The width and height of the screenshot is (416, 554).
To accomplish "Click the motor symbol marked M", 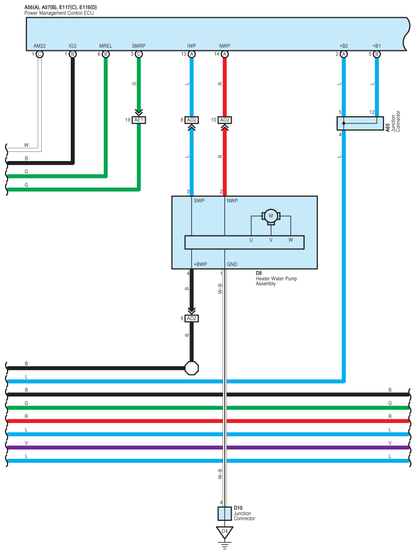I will pyautogui.click(x=271, y=216).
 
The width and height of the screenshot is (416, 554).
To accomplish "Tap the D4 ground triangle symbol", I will pyautogui.click(x=224, y=532).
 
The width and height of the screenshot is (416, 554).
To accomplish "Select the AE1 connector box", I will pyautogui.click(x=138, y=120).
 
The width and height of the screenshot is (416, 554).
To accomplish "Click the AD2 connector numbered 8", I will pyautogui.click(x=191, y=120).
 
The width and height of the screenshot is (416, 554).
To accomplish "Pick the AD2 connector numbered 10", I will pyautogui.click(x=224, y=120).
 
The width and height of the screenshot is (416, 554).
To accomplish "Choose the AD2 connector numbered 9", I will pyautogui.click(x=191, y=318).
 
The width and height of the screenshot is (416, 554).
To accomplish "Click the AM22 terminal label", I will pyautogui.click(x=40, y=46).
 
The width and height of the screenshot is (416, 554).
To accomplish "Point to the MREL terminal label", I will pyautogui.click(x=105, y=46).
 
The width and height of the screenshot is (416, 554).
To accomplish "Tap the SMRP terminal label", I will pyautogui.click(x=138, y=46).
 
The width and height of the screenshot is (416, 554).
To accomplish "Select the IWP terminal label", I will pyautogui.click(x=191, y=46).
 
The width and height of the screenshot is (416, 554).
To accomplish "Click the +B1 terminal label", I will pyautogui.click(x=376, y=46).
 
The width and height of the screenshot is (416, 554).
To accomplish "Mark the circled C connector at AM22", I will pyautogui.click(x=40, y=54).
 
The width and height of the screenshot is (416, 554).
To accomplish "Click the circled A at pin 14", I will pyautogui.click(x=225, y=54).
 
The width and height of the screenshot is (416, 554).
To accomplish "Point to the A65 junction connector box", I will pyautogui.click(x=360, y=123).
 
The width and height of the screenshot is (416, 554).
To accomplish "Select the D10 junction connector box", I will pyautogui.click(x=224, y=513).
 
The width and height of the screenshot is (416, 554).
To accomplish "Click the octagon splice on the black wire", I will pyautogui.click(x=191, y=368).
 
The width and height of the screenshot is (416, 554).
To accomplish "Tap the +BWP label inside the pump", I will pyautogui.click(x=201, y=264).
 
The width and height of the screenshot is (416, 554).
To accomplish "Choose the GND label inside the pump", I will pyautogui.click(x=232, y=264).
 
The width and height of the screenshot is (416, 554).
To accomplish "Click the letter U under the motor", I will pyautogui.click(x=251, y=240).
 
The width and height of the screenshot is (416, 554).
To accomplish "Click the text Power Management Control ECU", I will pyautogui.click(x=59, y=12).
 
